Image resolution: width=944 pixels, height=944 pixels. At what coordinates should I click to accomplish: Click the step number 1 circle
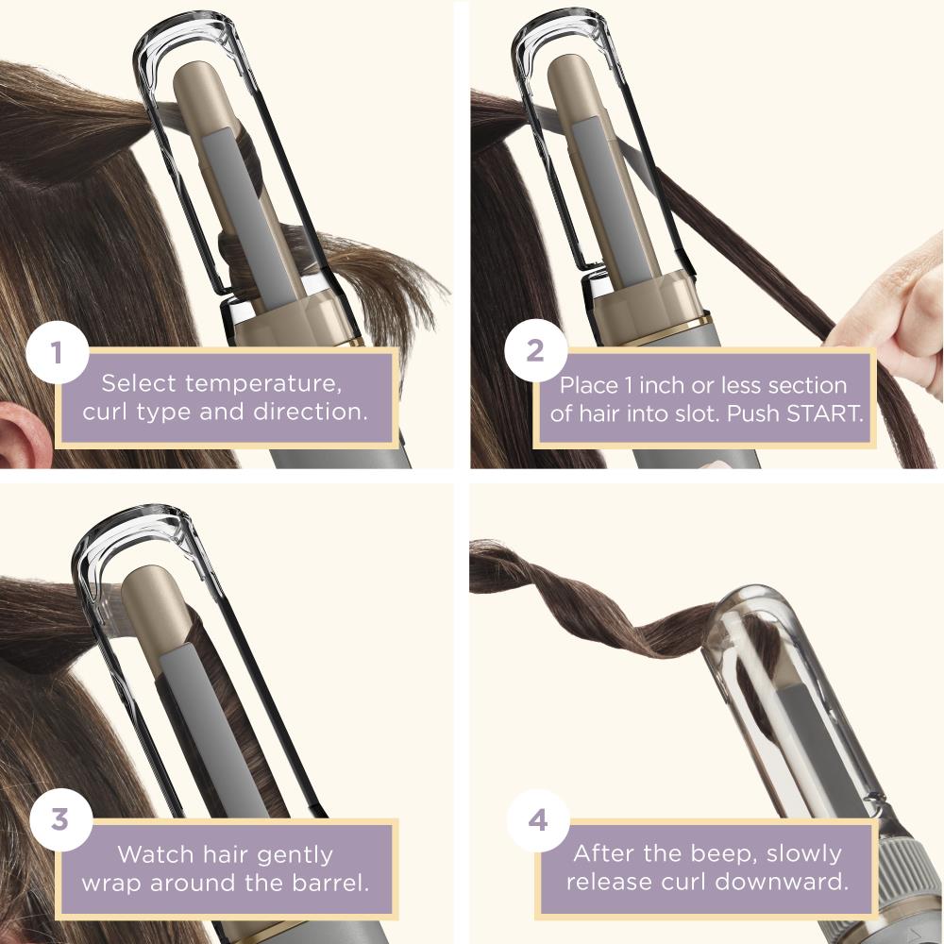point(58,351)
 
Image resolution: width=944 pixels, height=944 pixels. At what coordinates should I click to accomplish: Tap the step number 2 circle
point(535,351)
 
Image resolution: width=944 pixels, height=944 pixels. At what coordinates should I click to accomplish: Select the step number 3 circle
point(60,820)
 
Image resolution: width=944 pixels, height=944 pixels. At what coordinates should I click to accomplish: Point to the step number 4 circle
point(538,820)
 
